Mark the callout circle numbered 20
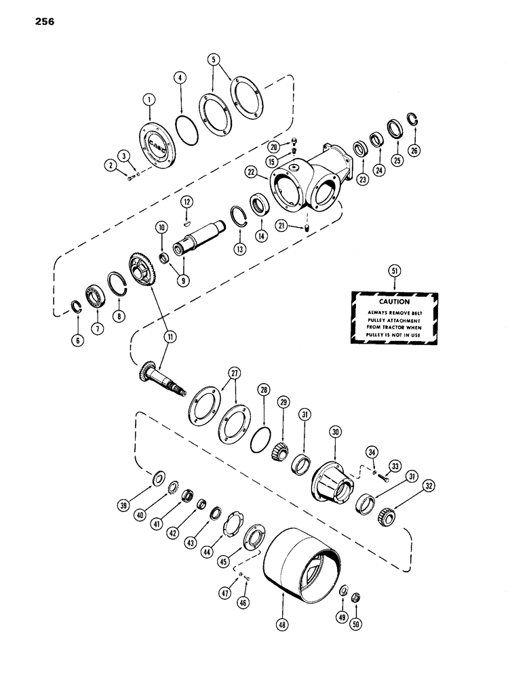273,147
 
